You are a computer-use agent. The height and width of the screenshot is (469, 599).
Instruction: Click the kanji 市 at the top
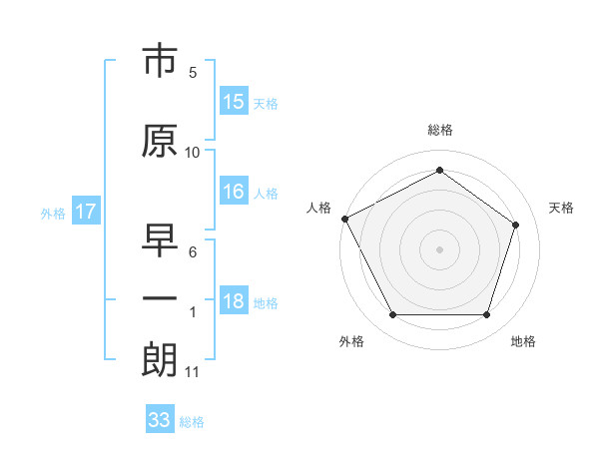[160, 62]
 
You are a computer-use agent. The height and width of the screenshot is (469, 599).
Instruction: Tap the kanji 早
[160, 240]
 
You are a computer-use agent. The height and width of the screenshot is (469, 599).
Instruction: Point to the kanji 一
[160, 299]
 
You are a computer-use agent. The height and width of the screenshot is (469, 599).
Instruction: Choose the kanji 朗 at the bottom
[160, 360]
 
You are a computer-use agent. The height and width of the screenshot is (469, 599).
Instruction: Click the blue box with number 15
[234, 102]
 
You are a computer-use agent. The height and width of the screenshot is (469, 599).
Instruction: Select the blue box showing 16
[234, 193]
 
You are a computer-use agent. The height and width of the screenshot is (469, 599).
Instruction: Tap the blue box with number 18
[234, 302]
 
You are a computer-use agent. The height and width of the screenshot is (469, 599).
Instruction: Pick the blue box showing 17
[86, 212]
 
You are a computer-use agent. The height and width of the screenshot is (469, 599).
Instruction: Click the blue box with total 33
[160, 420]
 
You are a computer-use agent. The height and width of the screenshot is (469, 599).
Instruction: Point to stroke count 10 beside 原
[193, 152]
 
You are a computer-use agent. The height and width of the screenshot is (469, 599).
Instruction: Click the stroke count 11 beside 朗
[193, 372]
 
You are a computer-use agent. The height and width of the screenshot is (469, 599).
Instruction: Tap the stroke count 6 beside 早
[193, 252]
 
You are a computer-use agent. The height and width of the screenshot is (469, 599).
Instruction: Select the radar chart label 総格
[439, 130]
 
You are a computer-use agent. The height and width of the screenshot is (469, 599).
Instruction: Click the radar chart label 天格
[561, 208]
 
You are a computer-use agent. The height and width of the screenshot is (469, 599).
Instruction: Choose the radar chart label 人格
[319, 208]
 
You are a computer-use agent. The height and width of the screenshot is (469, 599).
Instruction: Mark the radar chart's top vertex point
[439, 170]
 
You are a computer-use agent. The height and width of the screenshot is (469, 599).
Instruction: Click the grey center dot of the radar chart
[439, 248]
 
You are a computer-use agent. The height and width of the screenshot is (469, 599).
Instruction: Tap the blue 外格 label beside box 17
[53, 213]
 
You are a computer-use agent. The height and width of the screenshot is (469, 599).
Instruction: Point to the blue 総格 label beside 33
[192, 422]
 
